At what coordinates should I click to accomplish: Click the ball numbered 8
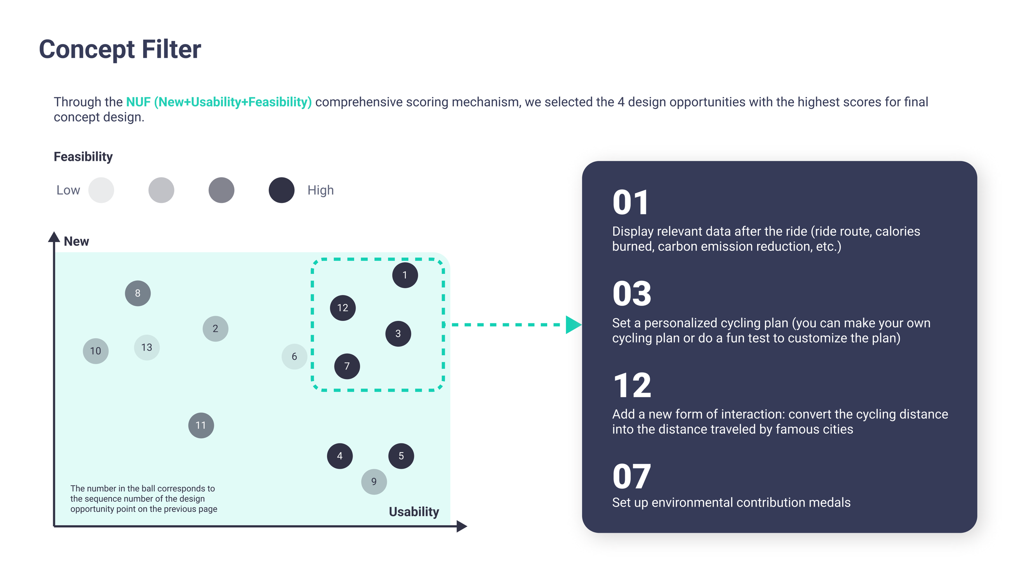[138, 293]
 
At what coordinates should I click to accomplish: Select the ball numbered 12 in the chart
[343, 308]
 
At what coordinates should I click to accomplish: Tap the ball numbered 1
[405, 275]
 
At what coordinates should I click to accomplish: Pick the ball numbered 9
[374, 481]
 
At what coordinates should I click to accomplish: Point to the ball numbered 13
[147, 347]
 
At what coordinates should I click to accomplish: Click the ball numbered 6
[294, 356]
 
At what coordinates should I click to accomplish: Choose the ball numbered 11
[201, 425]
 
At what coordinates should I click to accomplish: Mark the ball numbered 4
[340, 456]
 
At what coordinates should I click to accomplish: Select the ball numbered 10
[96, 351]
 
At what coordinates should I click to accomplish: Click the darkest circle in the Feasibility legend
[282, 190]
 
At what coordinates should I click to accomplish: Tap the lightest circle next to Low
[101, 190]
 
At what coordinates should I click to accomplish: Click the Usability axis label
[414, 512]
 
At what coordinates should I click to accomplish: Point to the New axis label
[76, 241]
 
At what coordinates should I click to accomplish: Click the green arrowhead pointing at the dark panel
[573, 325]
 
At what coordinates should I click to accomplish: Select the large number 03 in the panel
[631, 294]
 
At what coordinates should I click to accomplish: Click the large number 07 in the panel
[631, 476]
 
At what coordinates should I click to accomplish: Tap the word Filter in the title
[171, 50]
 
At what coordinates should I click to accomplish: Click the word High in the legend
[320, 190]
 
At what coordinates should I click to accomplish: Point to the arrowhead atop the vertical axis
[54, 237]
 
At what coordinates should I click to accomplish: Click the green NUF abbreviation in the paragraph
[138, 102]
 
